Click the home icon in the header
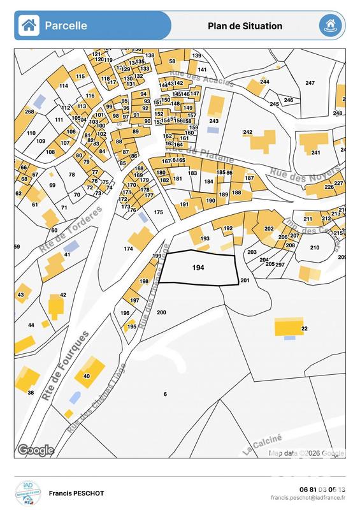(x=28, y=25)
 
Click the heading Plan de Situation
(x=245, y=26)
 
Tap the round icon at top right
(x=330, y=25)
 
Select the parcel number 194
(x=198, y=268)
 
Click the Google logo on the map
(x=36, y=450)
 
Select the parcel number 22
(x=305, y=328)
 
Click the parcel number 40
(x=87, y=376)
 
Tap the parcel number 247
(x=310, y=84)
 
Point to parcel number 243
(x=214, y=120)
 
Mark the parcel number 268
(x=29, y=112)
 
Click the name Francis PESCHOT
(x=76, y=493)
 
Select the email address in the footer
(x=308, y=498)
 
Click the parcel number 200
(x=161, y=312)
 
